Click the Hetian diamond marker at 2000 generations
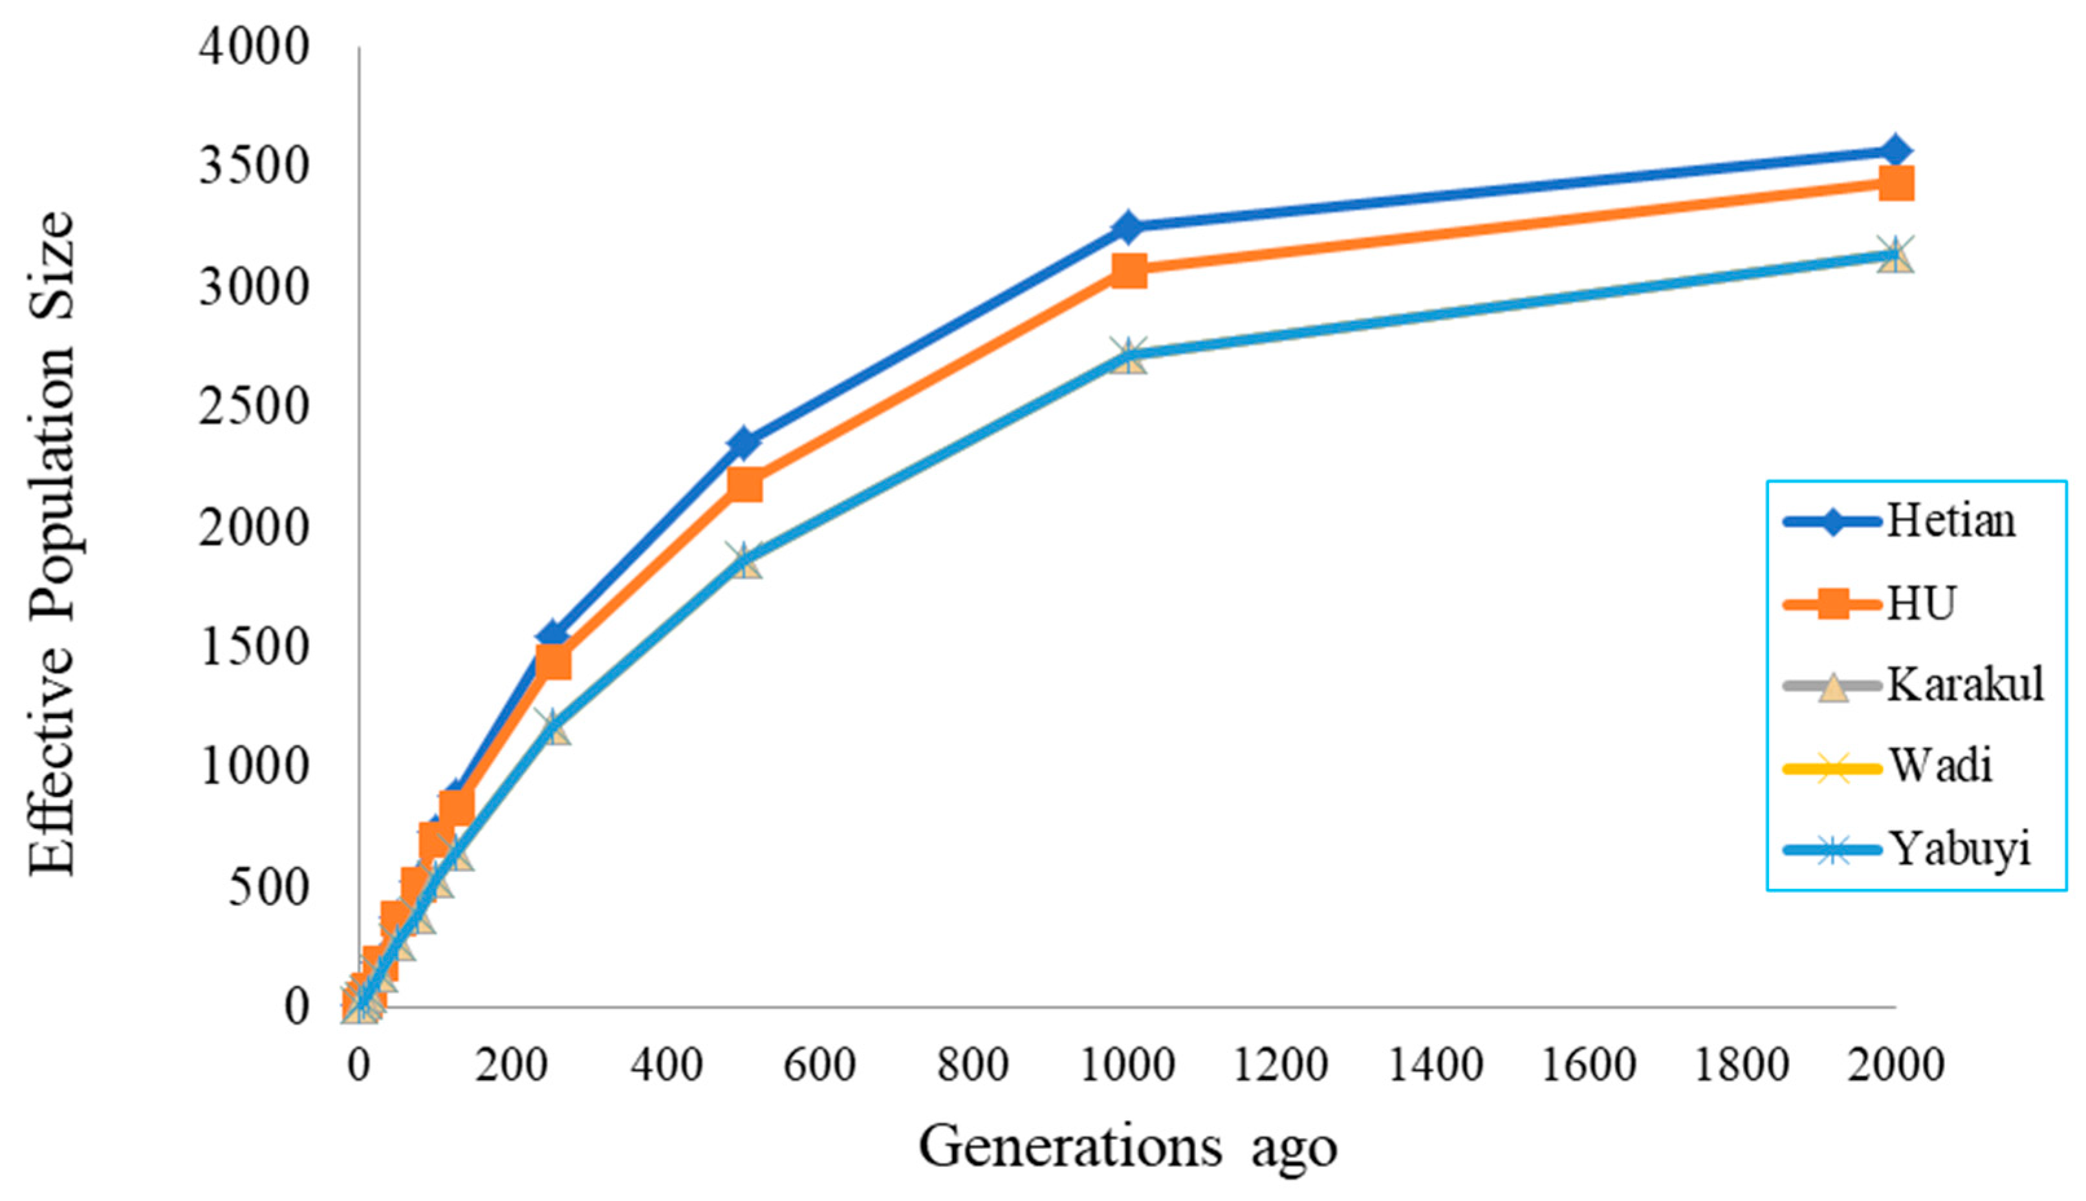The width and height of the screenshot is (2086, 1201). [1895, 152]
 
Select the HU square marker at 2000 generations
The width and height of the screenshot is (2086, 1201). [1895, 183]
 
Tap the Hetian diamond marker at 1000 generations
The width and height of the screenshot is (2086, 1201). [1127, 226]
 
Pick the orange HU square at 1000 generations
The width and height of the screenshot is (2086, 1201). [1128, 270]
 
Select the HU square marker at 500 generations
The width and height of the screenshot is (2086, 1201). [744, 485]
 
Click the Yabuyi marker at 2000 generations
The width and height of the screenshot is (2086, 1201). [1895, 254]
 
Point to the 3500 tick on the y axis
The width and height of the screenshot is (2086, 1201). [254, 165]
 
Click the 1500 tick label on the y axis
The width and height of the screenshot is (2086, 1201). [254, 648]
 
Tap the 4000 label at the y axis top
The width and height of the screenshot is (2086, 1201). [254, 46]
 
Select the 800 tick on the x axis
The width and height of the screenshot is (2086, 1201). [973, 1065]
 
